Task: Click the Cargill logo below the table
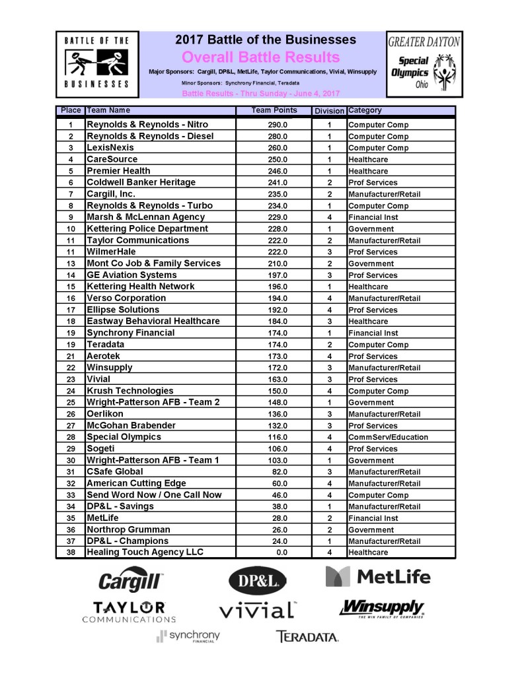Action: click(131, 582)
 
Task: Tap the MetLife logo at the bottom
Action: click(378, 577)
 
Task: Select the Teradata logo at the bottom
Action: click(307, 637)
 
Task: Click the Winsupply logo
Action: click(381, 608)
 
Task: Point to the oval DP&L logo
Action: click(258, 581)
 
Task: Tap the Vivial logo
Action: click(258, 610)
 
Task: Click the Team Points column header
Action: click(275, 110)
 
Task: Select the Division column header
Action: click(329, 111)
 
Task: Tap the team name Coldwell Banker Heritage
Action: click(141, 182)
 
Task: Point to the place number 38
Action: click(70, 553)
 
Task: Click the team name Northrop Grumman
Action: click(128, 529)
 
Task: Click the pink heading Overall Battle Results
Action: click(260, 57)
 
